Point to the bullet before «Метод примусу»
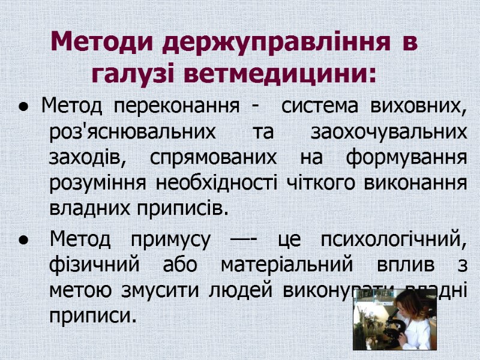point(22,241)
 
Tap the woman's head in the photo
point(415,312)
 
